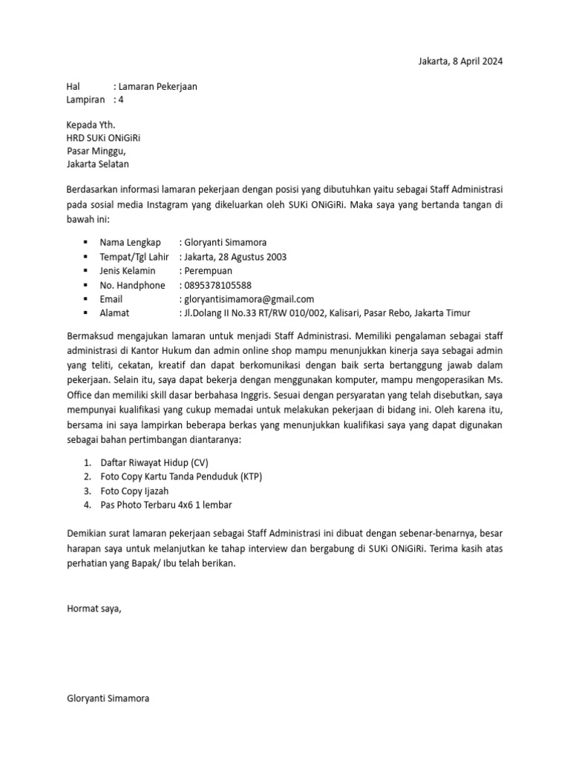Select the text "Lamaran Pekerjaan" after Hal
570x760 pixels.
pyautogui.click(x=157, y=87)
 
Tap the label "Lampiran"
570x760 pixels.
pyautogui.click(x=85, y=99)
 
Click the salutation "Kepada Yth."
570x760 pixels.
pyautogui.click(x=91, y=125)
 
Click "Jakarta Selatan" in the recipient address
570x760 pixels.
pyautogui.click(x=97, y=165)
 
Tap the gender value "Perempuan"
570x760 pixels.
pyautogui.click(x=207, y=271)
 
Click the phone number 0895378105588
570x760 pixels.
pyautogui.click(x=217, y=285)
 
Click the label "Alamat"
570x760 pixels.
pyautogui.click(x=114, y=313)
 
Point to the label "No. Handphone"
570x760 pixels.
pyautogui.click(x=132, y=285)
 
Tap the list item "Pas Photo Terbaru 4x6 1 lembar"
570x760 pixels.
pyautogui.click(x=166, y=505)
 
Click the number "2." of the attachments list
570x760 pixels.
pyautogui.click(x=88, y=476)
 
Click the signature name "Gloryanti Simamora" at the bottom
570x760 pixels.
pyautogui.click(x=108, y=698)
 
